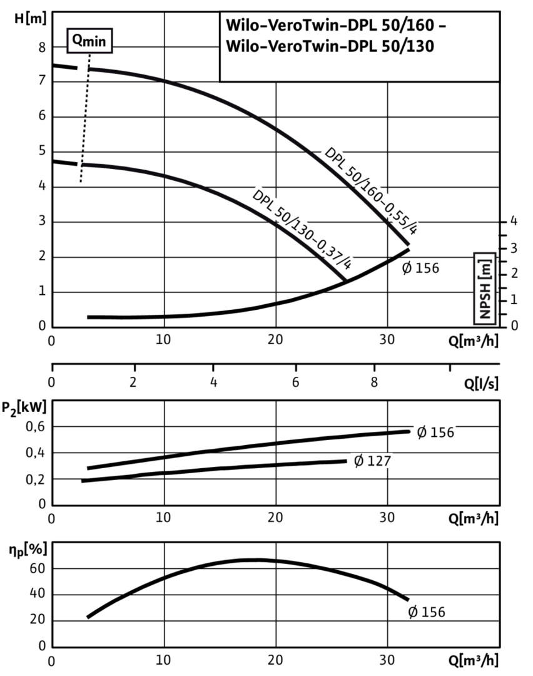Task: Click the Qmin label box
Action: [89, 41]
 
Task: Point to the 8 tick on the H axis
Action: [43, 47]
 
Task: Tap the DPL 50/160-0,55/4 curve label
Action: [370, 191]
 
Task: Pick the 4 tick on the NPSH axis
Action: [513, 221]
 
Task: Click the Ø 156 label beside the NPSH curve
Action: [420, 268]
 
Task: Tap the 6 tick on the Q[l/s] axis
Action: [295, 382]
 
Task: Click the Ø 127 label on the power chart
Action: [372, 461]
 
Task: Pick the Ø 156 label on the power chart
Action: [435, 432]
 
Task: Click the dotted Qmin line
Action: [85, 119]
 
